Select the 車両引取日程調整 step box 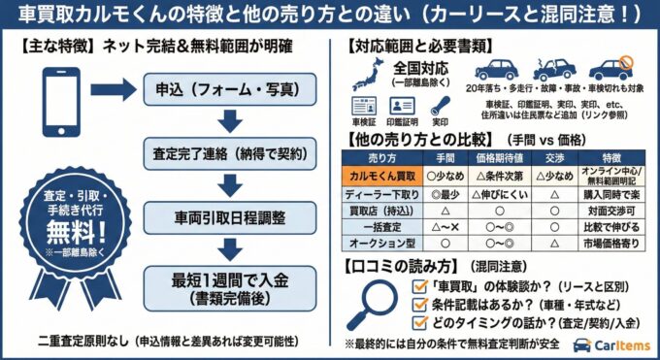(x=229, y=214)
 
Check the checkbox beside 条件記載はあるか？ (x=420, y=304)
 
